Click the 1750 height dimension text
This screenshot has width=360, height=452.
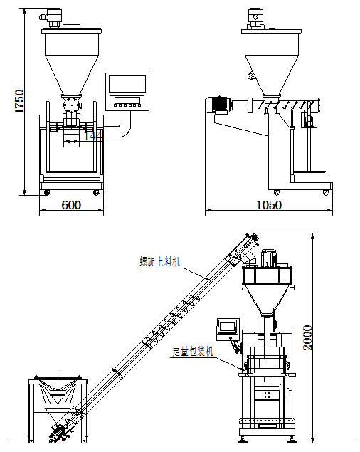[x=19, y=101]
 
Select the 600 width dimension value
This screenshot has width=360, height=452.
[x=70, y=205]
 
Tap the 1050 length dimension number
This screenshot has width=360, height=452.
[x=269, y=205]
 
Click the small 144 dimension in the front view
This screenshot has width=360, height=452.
[x=93, y=135]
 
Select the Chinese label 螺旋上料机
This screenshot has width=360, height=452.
[x=160, y=262]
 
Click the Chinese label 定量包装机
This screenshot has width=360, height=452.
[x=192, y=352]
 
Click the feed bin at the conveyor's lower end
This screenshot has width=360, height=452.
[x=57, y=395]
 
